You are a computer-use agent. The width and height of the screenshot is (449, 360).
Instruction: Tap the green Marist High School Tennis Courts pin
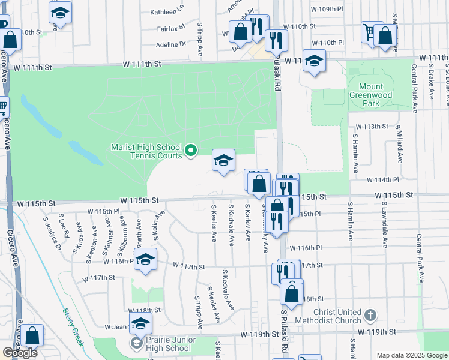tap(191, 150)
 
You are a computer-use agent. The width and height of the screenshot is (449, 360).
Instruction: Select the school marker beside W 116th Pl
tap(145, 260)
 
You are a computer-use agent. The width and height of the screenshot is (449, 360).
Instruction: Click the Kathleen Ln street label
tap(166, 11)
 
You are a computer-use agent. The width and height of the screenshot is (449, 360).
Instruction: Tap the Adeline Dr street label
tap(171, 44)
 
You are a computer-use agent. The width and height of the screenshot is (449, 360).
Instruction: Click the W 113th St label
tap(372, 127)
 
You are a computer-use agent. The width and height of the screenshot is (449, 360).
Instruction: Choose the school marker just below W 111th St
tap(313, 61)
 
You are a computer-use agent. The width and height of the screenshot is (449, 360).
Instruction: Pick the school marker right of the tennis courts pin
tap(223, 160)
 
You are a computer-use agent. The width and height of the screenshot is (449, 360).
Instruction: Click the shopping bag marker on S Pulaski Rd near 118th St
tap(292, 294)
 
